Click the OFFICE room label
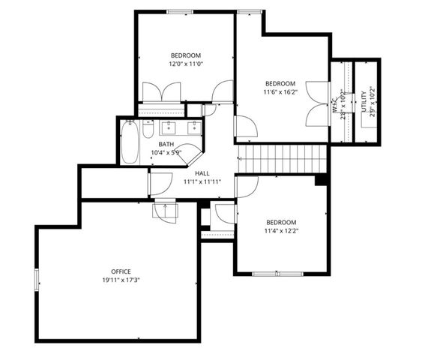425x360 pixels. pyautogui.click(x=121, y=271)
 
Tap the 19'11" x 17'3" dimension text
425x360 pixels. pyautogui.click(x=121, y=280)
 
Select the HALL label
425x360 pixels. pyautogui.click(x=202, y=173)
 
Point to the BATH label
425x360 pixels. pyautogui.click(x=166, y=144)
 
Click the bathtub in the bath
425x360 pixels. pyautogui.click(x=130, y=142)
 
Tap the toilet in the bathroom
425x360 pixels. pyautogui.click(x=148, y=129)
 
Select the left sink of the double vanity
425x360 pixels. pyautogui.click(x=169, y=127)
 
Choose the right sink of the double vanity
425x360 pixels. pyautogui.click(x=194, y=127)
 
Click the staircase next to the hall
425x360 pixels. pyautogui.click(x=283, y=159)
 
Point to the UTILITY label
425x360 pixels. pyautogui.click(x=364, y=101)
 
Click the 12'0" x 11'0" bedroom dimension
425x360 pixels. pyautogui.click(x=186, y=64)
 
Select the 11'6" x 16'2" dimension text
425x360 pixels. pyautogui.click(x=280, y=92)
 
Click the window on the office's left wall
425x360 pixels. pyautogui.click(x=37, y=280)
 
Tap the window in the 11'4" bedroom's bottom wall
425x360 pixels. pyautogui.click(x=277, y=274)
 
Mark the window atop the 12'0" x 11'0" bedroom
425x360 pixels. pyautogui.click(x=180, y=12)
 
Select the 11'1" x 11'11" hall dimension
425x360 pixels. pyautogui.click(x=202, y=181)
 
